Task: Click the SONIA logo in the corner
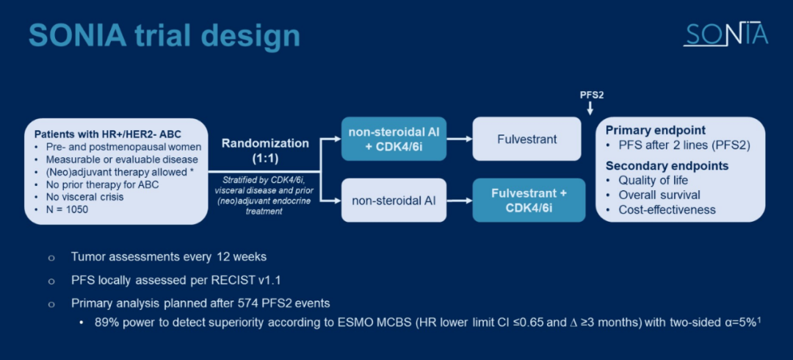coord(725,34)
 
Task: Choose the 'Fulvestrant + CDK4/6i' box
coord(529,200)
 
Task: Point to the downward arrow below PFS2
coord(591,109)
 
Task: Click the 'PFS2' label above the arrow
coord(591,95)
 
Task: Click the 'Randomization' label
coord(266,143)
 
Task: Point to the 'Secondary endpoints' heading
coord(667,166)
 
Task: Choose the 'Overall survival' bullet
coord(659,195)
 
